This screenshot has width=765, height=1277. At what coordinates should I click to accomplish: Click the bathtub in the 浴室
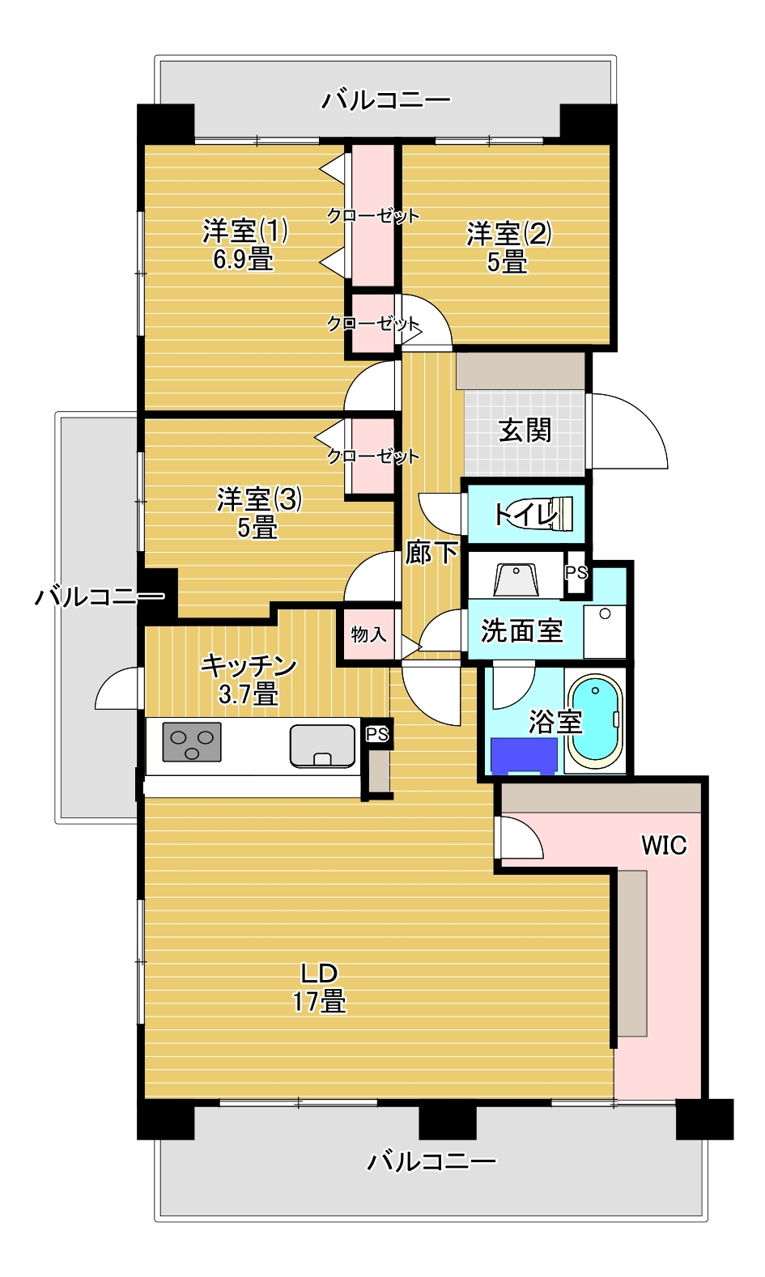[x=596, y=721]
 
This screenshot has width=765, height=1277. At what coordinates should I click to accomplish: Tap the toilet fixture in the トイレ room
[x=540, y=512]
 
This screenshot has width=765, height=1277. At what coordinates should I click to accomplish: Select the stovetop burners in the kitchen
[x=192, y=742]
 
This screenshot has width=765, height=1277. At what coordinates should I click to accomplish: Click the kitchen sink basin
[x=322, y=745]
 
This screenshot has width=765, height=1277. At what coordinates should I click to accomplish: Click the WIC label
[x=664, y=845]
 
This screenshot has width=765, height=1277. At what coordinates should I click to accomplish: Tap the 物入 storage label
[x=368, y=634]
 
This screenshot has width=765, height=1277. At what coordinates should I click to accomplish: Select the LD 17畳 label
[x=320, y=987]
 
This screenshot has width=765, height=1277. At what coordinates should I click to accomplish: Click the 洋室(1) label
[x=245, y=231]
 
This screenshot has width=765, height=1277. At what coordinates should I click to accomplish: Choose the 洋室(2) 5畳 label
[x=509, y=248]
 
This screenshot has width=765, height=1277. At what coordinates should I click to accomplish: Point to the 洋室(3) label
[x=259, y=499]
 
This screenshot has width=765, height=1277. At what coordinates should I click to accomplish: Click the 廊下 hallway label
[x=431, y=552]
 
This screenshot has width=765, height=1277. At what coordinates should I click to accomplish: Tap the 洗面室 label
[x=521, y=630]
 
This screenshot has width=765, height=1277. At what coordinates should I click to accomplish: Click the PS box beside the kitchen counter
[x=377, y=734]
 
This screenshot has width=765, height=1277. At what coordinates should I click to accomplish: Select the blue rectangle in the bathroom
[x=524, y=757]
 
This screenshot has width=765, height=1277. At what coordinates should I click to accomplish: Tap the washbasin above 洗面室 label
[x=516, y=579]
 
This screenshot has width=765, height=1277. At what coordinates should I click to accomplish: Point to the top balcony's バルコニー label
[x=385, y=101]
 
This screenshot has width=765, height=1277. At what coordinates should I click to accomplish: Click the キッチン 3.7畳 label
[x=249, y=680]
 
